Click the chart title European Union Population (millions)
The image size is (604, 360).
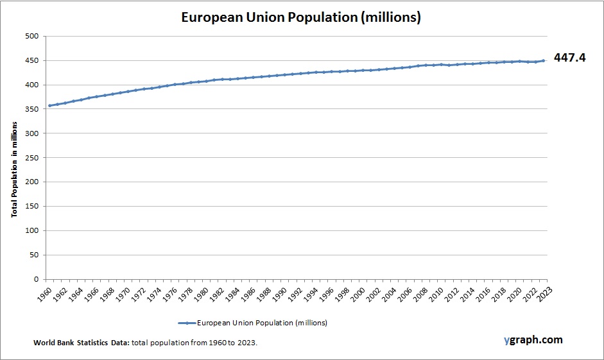pyautogui.click(x=301, y=17)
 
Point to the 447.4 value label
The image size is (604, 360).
pyautogui.click(x=569, y=58)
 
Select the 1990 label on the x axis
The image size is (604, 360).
pyautogui.click(x=278, y=293)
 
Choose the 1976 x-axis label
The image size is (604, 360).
pyautogui.click(x=168, y=293)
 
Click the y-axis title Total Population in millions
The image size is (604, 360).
pyautogui.click(x=14, y=158)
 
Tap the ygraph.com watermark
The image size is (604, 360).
pyautogui.click(x=533, y=339)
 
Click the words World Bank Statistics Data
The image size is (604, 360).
pyautogui.click(x=82, y=343)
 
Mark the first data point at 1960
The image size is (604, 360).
pyautogui.click(x=49, y=105)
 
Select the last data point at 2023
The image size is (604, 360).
pyautogui.click(x=543, y=61)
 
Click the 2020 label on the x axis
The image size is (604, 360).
pyautogui.click(x=513, y=293)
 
